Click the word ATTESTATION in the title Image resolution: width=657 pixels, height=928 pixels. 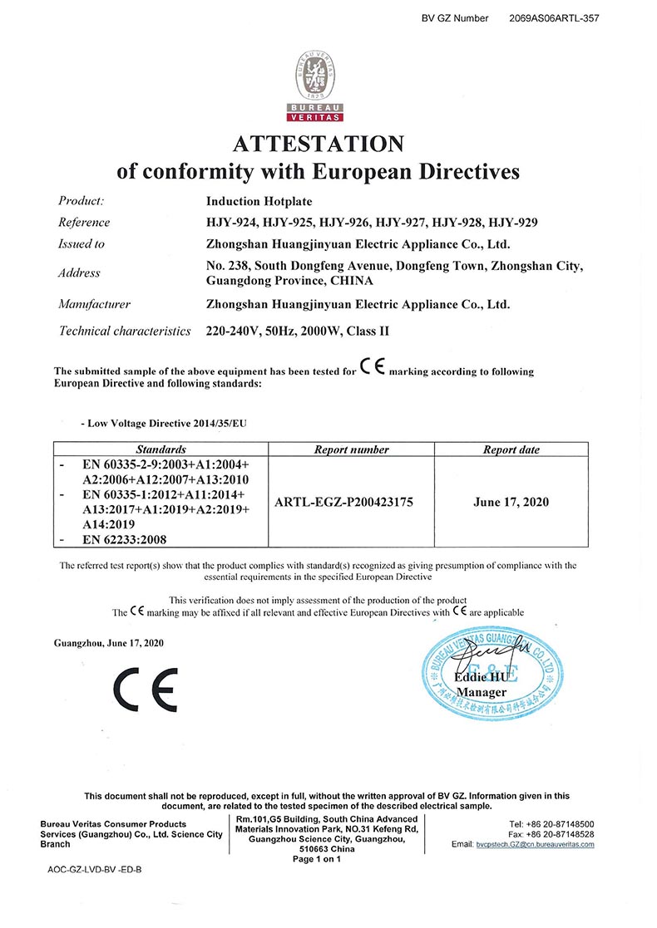(x=318, y=143)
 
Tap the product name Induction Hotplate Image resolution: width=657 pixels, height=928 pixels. (x=259, y=201)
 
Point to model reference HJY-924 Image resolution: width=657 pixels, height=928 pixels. (x=230, y=222)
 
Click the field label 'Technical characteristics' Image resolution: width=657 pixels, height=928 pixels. (x=125, y=331)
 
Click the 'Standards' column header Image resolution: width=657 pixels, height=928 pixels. (x=161, y=449)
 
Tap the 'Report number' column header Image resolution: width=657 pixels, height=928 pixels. (x=352, y=449)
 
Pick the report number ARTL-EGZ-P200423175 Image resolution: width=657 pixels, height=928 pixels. (x=352, y=502)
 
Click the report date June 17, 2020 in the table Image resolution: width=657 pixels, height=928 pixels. (x=511, y=502)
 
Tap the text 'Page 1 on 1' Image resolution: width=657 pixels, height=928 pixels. (x=317, y=859)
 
